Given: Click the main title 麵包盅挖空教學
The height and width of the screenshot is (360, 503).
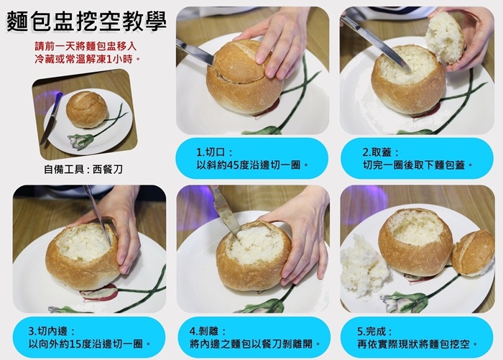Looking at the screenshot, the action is tap(87, 22).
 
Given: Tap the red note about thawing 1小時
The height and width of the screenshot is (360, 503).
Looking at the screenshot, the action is tap(86, 52).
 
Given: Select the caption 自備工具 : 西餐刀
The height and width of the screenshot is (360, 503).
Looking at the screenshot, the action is tap(83, 169).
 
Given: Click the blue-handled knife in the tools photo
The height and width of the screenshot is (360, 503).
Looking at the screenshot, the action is tap(51, 118).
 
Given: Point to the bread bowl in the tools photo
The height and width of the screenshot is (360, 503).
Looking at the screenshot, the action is tap(86, 109).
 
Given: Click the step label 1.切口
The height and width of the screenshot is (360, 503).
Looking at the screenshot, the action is tap(214, 152).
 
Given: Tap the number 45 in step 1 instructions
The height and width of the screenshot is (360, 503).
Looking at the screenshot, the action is tap(232, 165).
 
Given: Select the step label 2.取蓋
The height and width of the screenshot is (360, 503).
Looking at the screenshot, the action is tap(380, 152).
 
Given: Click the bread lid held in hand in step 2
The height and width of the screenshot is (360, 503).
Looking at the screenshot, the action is tap(445, 38).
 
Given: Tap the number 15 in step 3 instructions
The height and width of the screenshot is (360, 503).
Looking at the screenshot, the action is tap(75, 344).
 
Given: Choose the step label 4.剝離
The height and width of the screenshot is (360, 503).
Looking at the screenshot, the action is tap(207, 331).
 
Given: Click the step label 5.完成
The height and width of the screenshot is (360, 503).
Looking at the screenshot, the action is tap(374, 331).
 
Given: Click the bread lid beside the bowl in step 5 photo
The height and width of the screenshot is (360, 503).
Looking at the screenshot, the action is tap(473, 253).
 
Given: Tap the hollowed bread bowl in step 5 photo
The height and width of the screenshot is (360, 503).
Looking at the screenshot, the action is tap(415, 241).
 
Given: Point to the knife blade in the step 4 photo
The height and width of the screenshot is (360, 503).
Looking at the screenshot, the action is tap(225, 211).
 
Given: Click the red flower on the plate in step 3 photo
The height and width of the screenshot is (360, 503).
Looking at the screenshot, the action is tap(99, 292).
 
